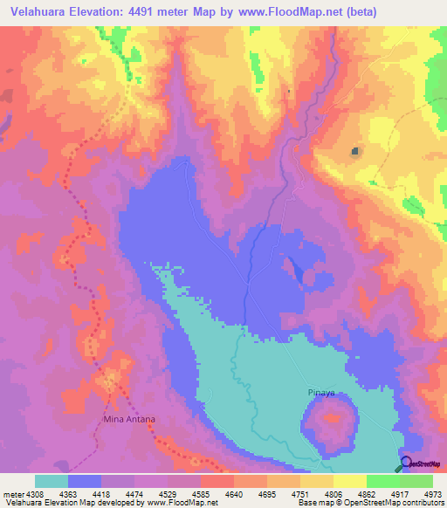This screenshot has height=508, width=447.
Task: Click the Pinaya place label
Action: (x=322, y=393)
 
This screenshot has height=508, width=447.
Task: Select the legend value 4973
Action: (x=432, y=493)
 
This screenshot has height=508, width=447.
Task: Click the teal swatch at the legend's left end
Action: (x=52, y=481)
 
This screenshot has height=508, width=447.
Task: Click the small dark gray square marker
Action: (x=354, y=152)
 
